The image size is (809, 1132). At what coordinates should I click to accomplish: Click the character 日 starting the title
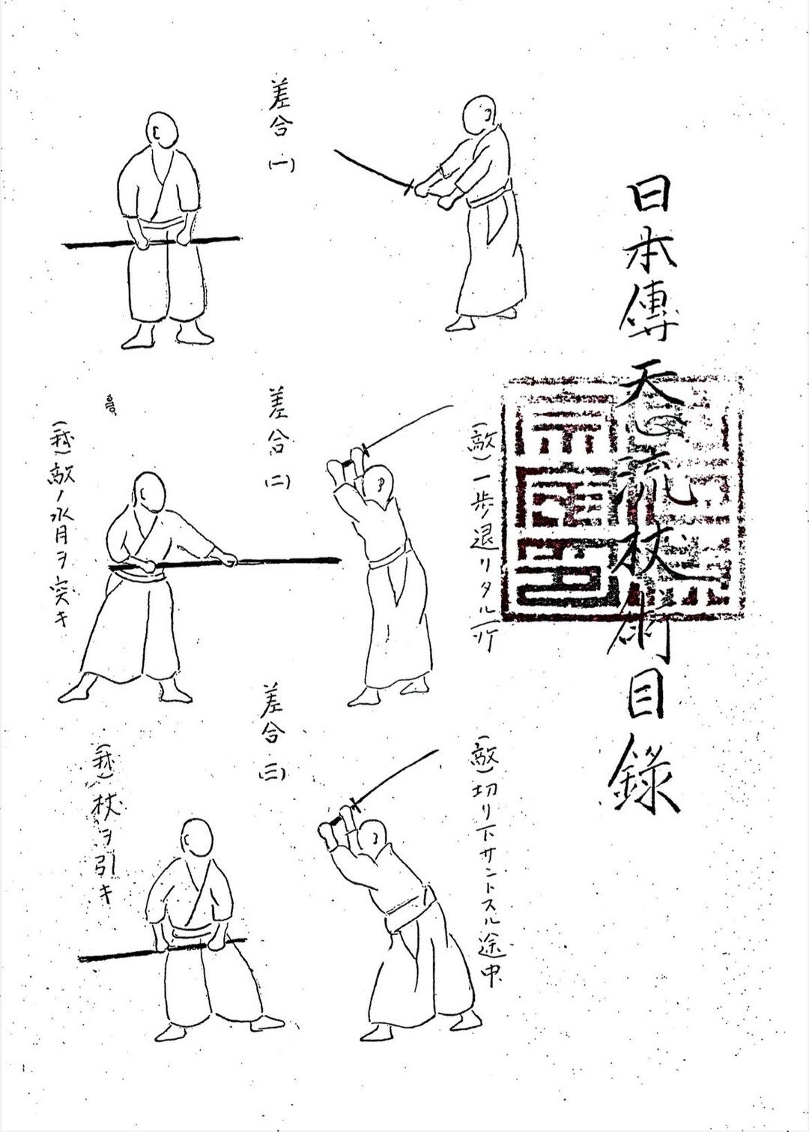tap(650, 195)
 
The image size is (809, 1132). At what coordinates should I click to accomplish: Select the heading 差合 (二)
tap(277, 439)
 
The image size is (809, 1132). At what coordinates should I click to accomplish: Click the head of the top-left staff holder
tap(161, 131)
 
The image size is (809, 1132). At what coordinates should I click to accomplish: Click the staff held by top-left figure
tap(150, 242)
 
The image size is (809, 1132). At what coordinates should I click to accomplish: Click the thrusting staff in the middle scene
tap(247, 560)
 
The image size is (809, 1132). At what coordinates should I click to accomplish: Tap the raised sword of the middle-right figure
tap(408, 427)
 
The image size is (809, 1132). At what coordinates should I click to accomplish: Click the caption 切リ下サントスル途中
tap(487, 855)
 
